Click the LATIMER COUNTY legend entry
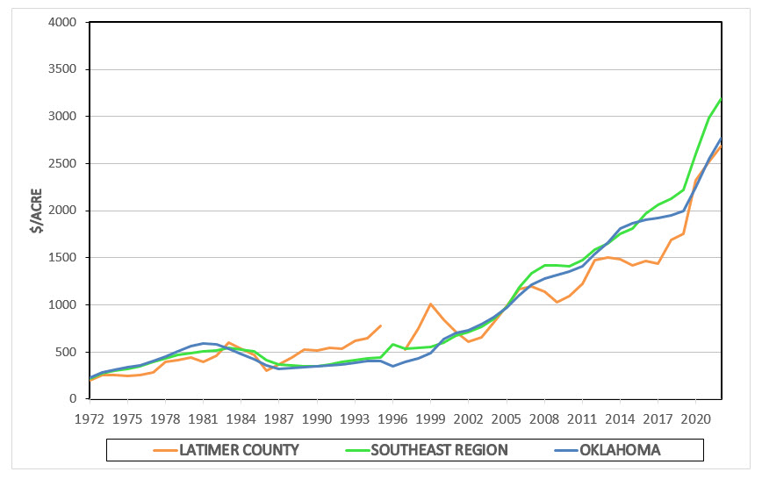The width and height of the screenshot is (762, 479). coord(239,450)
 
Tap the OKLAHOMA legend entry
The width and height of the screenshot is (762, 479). coord(620,450)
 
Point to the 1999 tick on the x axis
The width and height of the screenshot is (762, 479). coord(431,418)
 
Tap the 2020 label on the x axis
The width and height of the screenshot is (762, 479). coord(696,418)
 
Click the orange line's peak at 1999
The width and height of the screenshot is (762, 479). coord(430,304)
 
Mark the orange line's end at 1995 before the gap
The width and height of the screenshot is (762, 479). coord(380,325)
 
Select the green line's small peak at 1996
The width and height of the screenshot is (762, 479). coord(392,344)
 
